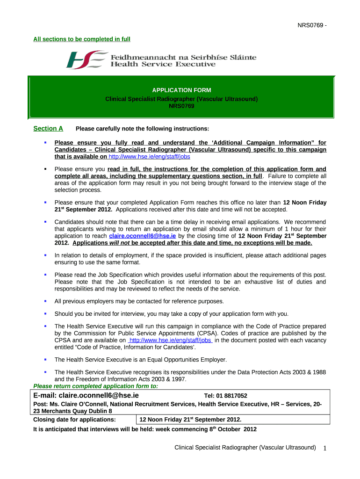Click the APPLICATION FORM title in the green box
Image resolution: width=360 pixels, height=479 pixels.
[x=181, y=90]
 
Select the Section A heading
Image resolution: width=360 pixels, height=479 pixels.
[x=48, y=129]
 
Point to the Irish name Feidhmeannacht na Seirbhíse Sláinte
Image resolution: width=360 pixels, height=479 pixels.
[x=183, y=57]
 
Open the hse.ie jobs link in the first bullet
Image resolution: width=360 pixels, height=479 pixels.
[x=149, y=157]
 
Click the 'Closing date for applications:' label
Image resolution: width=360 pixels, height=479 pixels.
[x=74, y=420]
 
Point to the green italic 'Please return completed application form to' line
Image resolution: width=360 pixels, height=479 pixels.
[x=95, y=386]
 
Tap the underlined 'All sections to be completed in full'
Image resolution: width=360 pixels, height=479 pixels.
[x=81, y=38]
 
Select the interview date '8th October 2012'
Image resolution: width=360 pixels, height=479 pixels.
[x=232, y=429]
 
